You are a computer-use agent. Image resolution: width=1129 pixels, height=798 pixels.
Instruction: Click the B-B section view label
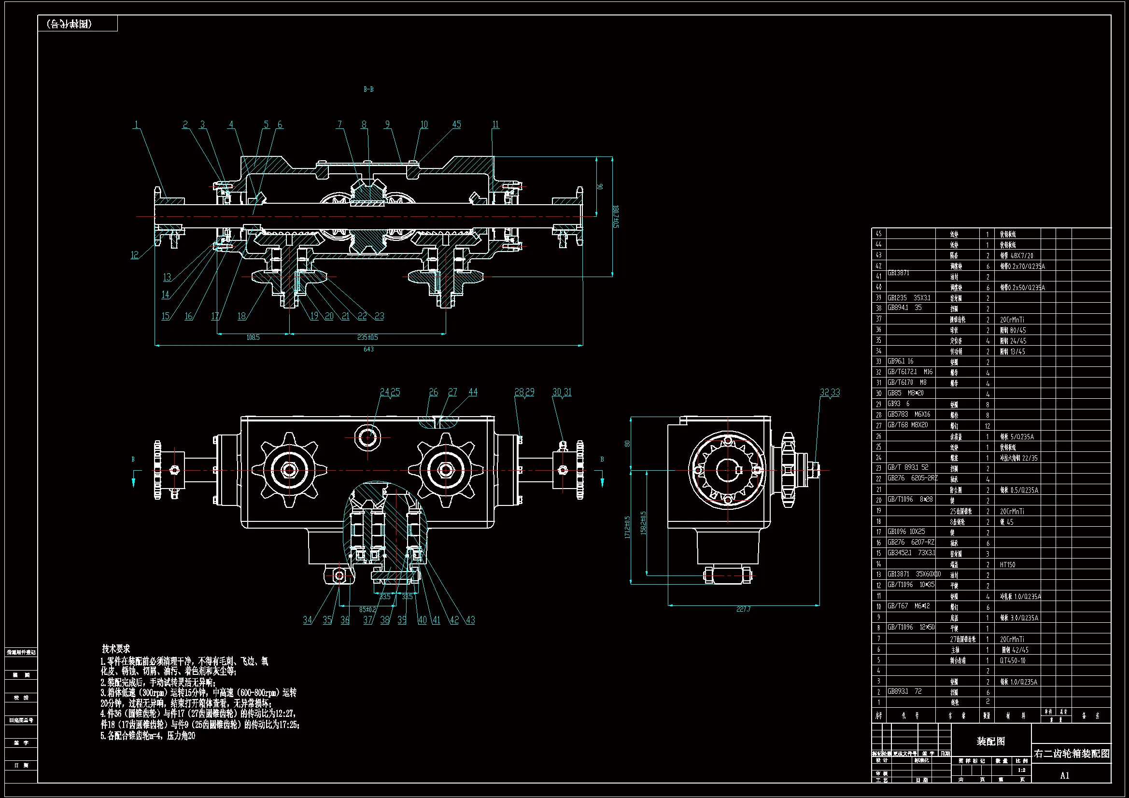point(368,89)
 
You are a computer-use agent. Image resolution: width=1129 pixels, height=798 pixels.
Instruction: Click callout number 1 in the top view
point(136,125)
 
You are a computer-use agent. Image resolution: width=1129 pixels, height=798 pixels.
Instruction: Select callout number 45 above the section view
point(456,125)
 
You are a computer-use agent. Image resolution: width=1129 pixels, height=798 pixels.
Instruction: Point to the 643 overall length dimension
point(368,349)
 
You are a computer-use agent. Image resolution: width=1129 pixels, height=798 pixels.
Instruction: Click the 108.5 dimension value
point(253,337)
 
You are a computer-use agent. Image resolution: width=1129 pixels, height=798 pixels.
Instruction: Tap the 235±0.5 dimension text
point(367,337)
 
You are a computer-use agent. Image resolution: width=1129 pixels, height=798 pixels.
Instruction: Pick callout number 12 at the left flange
point(134,255)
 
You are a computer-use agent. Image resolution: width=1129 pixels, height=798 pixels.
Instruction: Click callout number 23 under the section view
point(379,316)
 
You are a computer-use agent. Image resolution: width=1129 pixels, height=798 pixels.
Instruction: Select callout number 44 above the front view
point(473,392)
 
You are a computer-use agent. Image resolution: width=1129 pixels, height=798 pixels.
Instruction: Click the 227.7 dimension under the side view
point(743,609)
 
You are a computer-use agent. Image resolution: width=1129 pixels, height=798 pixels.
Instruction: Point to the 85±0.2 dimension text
point(367,609)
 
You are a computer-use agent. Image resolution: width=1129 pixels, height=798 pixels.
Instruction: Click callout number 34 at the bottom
point(307,620)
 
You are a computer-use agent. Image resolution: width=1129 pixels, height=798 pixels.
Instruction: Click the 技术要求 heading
point(116,648)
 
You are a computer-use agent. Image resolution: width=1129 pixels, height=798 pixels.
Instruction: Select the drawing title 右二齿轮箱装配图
point(1072,754)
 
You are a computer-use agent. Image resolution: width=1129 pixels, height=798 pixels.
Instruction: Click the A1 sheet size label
point(1065,775)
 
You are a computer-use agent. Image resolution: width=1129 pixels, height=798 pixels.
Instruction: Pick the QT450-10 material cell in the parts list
point(1013,660)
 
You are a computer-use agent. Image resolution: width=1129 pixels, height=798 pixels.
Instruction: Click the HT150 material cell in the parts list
point(1007,564)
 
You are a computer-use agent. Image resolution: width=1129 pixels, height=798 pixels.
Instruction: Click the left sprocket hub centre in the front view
point(289,470)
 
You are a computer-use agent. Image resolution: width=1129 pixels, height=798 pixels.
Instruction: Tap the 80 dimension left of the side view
point(627,444)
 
